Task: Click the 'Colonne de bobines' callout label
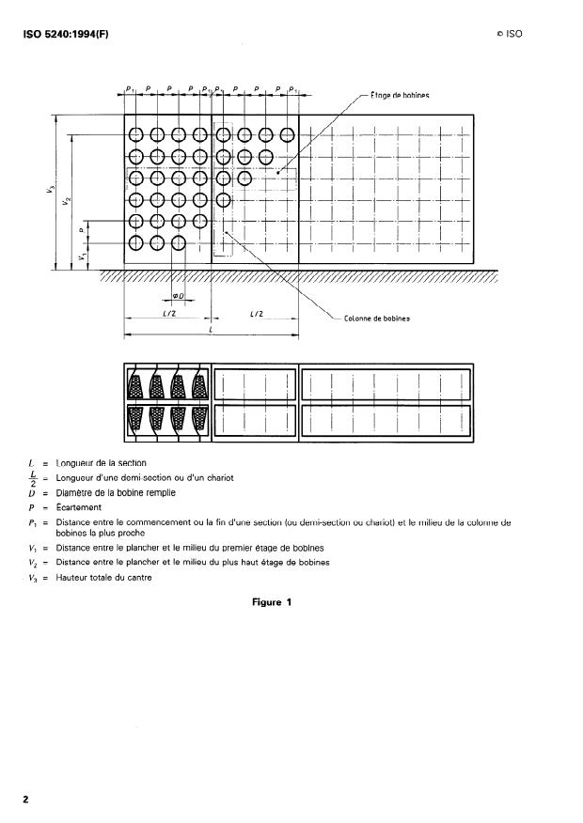[376, 318]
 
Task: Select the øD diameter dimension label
[179, 298]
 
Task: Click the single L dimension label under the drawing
[212, 331]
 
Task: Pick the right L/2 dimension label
[255, 315]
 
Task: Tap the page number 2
[26, 799]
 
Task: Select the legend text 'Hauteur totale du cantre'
[103, 577]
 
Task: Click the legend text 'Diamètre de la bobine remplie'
[116, 492]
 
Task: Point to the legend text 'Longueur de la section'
[102, 463]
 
